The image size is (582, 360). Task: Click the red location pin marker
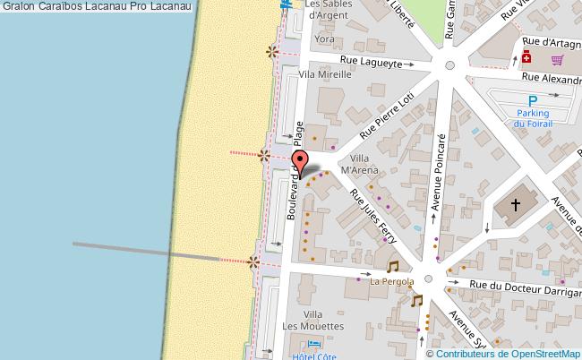tap(302, 164)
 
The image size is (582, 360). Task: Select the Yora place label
tap(325, 40)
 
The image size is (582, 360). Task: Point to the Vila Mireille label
tap(325, 76)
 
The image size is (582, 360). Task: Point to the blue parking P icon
tap(533, 101)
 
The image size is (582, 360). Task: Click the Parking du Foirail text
tap(532, 118)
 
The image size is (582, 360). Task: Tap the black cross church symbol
tap(516, 205)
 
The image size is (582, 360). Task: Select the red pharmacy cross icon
tap(526, 58)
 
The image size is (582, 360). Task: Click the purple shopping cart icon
tap(557, 59)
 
